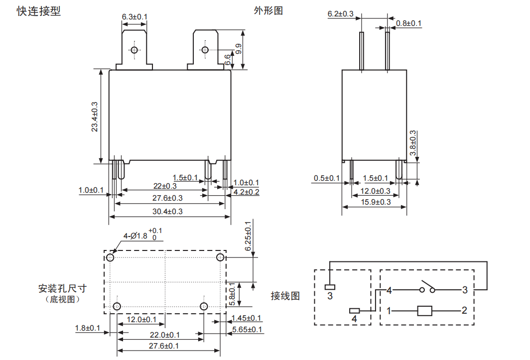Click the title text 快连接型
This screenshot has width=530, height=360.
click(x=39, y=11)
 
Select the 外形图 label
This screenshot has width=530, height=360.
click(x=268, y=10)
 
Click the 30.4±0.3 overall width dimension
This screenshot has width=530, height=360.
click(x=168, y=211)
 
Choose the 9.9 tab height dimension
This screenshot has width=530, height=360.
click(x=239, y=49)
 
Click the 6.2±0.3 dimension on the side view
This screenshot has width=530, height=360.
click(x=340, y=14)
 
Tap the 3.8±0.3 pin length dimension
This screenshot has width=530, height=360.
click(x=412, y=143)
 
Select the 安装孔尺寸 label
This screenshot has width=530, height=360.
click(x=62, y=288)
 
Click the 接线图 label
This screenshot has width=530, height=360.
click(x=285, y=296)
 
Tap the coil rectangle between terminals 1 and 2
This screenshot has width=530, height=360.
click(x=424, y=311)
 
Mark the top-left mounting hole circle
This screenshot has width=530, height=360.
click(x=110, y=257)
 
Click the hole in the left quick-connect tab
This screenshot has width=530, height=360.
click(x=133, y=50)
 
